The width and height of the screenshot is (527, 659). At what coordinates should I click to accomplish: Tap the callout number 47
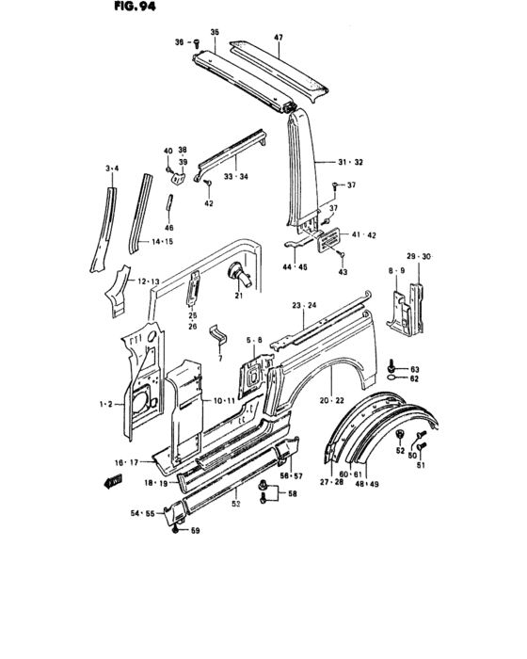point(279,38)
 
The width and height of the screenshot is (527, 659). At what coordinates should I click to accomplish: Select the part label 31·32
point(352,163)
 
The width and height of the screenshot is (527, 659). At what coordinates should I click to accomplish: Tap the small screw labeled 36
point(195,42)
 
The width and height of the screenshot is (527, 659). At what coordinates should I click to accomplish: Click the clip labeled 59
point(177,529)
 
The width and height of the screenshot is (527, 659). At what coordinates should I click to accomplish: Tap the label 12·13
point(149,281)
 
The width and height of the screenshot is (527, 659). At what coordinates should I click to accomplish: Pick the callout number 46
point(169,228)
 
